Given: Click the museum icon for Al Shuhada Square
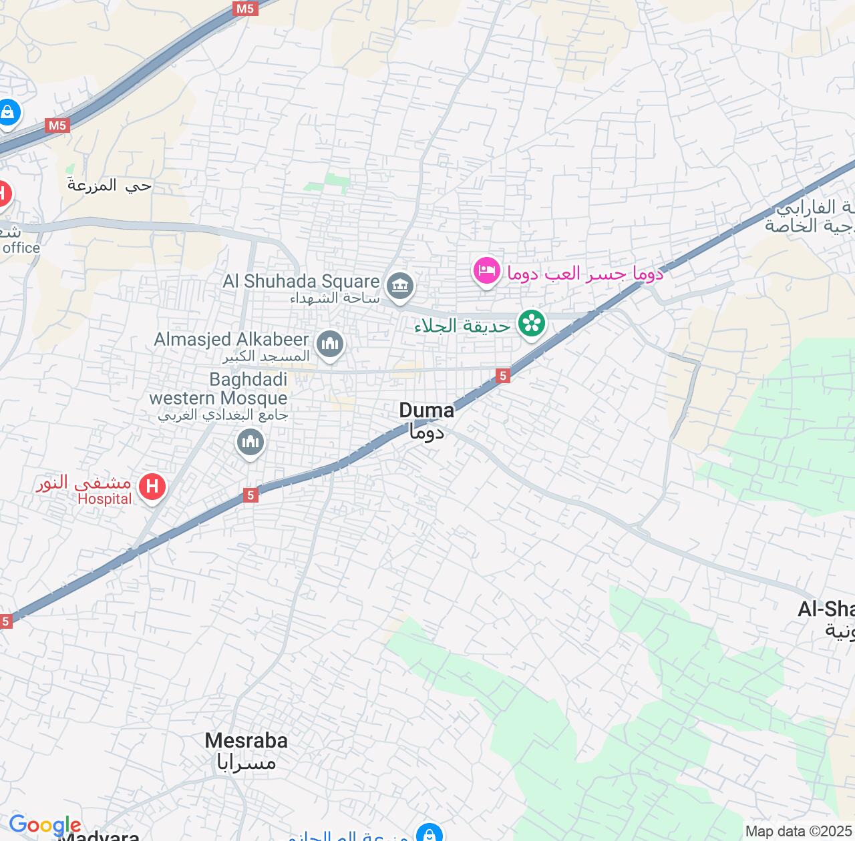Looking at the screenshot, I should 400,287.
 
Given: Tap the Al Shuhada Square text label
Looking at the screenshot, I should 301,281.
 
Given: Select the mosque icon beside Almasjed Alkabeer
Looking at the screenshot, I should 330,344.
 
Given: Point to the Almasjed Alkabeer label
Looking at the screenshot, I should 231,339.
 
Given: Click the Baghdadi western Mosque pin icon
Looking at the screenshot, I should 250,442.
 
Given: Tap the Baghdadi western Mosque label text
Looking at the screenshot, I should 218,389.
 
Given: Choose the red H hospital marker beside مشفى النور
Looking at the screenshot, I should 152,486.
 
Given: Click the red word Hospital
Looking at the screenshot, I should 105,499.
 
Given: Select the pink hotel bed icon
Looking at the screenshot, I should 487,271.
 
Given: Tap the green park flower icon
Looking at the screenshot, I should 532,324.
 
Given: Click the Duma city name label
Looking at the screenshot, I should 426,410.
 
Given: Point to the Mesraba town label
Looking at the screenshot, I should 246,741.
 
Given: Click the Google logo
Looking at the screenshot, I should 44,826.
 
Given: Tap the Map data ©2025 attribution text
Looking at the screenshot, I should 799,832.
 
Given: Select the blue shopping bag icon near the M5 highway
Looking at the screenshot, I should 8,112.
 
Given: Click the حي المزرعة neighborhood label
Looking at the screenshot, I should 110,186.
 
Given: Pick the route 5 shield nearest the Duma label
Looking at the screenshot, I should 503,376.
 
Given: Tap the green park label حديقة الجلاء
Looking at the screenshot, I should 462,326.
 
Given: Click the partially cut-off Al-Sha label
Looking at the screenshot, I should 826,609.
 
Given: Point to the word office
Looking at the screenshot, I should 21,248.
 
